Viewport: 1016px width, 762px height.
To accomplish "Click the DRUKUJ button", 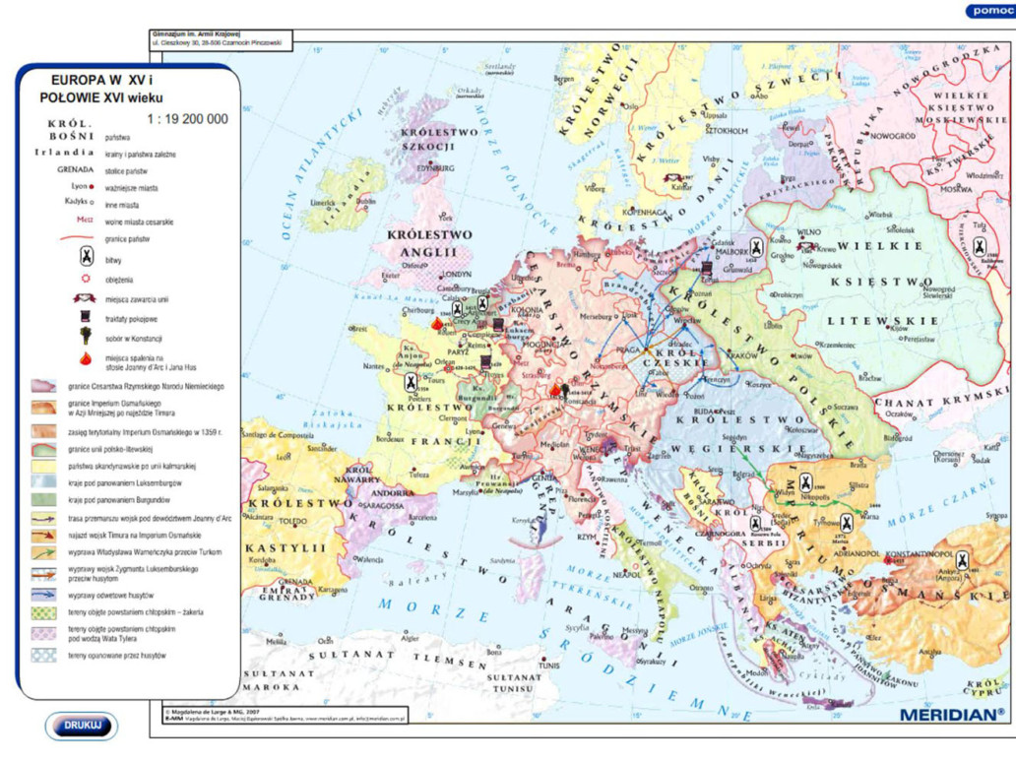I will click(x=81, y=726).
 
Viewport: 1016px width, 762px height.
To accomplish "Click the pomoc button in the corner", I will click(x=989, y=10).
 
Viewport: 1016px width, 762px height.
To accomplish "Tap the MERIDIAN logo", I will click(x=951, y=714).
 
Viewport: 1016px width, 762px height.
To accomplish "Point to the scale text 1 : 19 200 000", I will click(x=187, y=119).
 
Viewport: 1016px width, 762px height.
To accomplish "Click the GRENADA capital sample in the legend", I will click(x=75, y=169).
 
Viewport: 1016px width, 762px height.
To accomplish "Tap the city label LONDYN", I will click(x=458, y=275).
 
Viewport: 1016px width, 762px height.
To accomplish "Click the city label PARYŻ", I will click(x=459, y=350).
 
